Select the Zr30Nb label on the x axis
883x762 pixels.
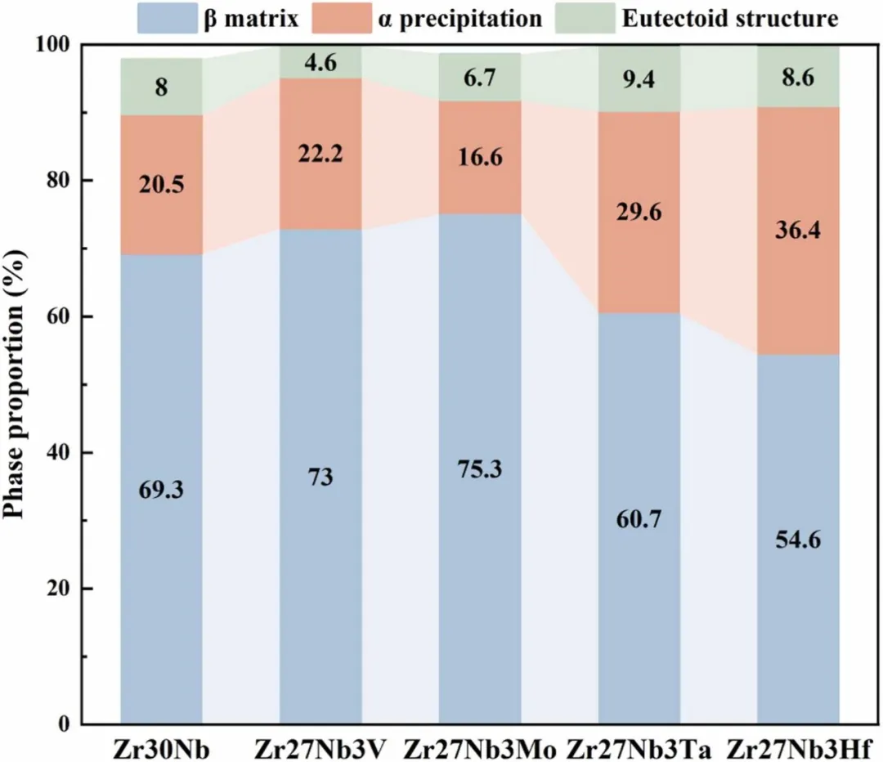pyautogui.click(x=161, y=746)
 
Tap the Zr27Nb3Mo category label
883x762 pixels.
pyautogui.click(x=480, y=746)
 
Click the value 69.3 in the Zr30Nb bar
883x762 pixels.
pyautogui.click(x=162, y=491)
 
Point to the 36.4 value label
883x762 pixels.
pyautogui.click(x=799, y=231)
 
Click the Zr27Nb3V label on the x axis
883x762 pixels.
pyautogui.click(x=320, y=746)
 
